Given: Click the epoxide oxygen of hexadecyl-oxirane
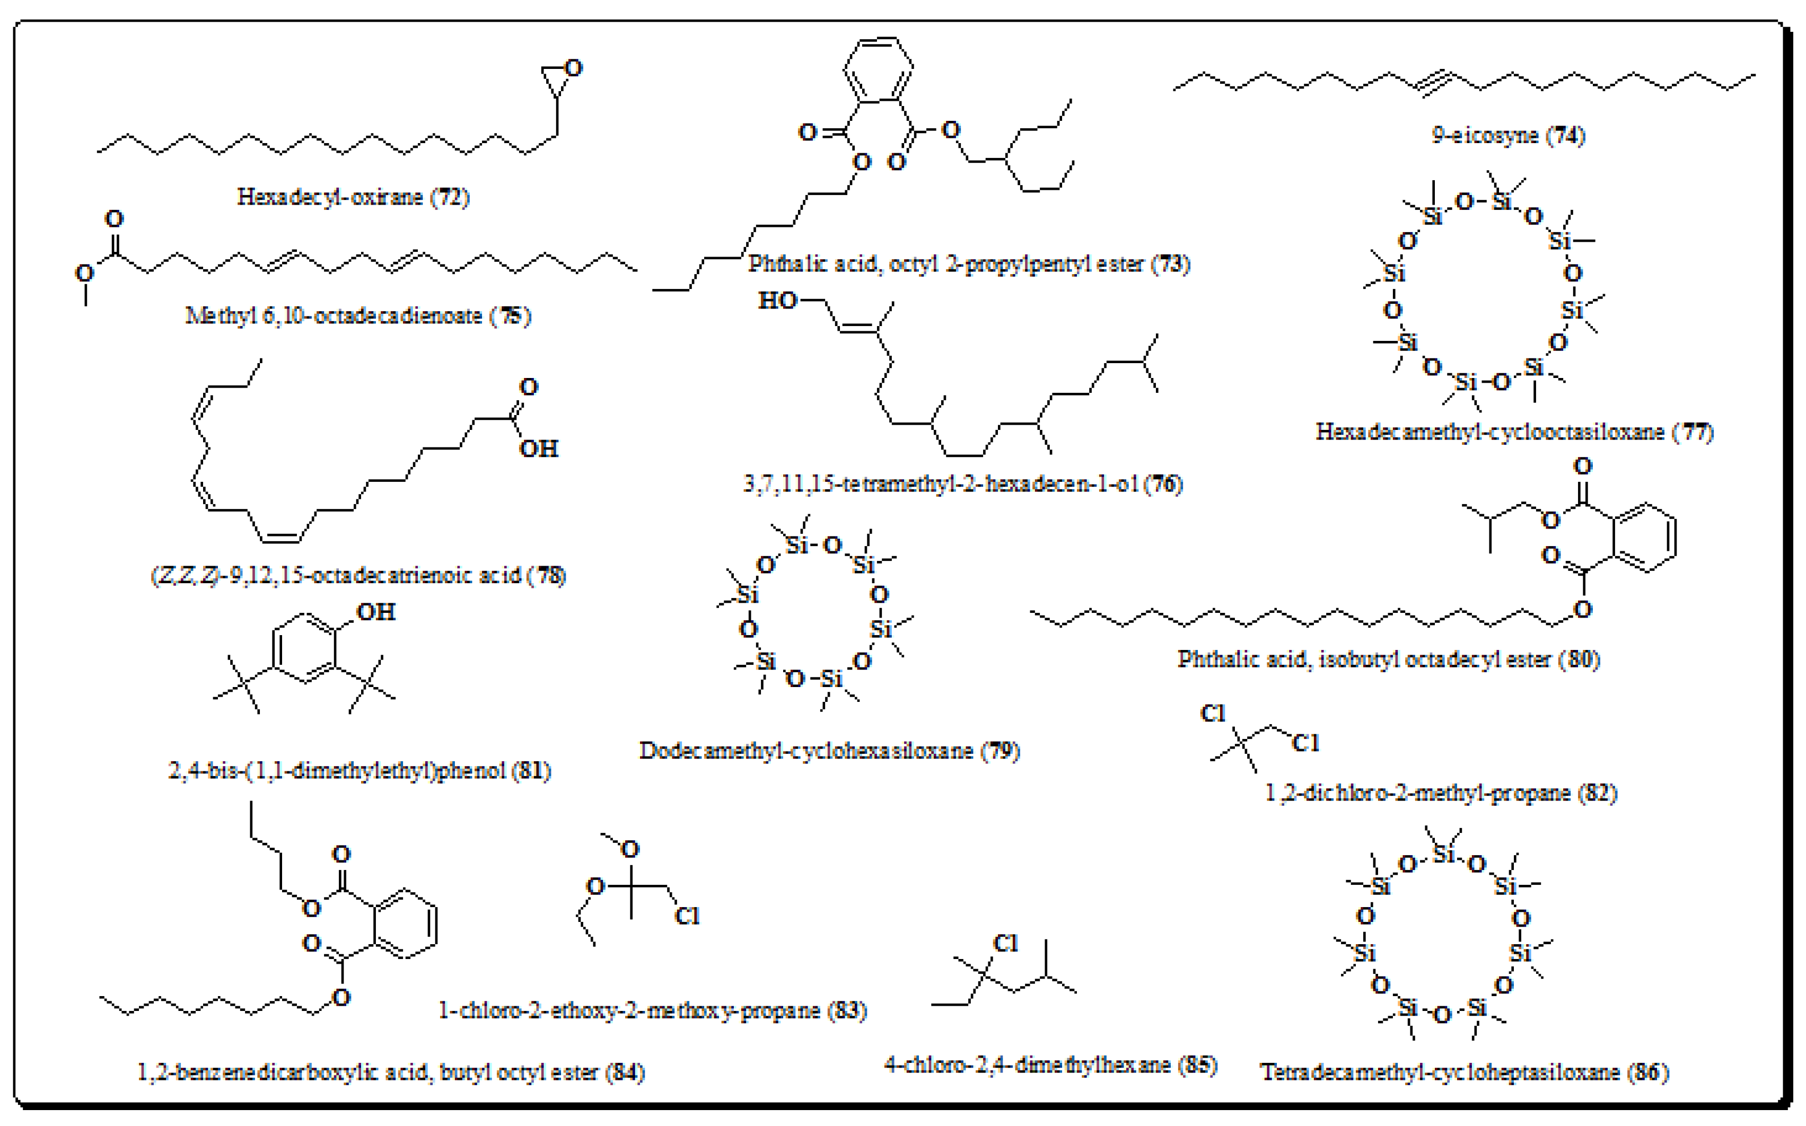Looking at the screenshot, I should [x=573, y=68].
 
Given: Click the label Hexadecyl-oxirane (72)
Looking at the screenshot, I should [x=353, y=197].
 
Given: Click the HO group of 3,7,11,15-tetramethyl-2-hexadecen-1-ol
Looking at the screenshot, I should [x=777, y=301].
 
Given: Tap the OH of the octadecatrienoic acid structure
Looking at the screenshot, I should [x=538, y=449].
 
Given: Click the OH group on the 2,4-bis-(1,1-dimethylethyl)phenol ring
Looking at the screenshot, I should [x=375, y=612].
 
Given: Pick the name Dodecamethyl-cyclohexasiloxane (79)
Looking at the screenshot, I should [x=829, y=751].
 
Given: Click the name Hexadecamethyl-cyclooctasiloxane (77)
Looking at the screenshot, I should [x=1514, y=432].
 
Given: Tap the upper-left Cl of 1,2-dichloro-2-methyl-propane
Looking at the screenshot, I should [x=1213, y=714].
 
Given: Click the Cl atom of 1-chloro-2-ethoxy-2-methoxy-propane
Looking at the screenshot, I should [x=687, y=916].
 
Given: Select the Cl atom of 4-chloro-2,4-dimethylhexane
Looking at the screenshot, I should [x=1005, y=944].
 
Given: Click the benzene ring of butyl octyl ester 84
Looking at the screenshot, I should [x=405, y=924].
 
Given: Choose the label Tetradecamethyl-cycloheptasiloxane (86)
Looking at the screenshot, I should [x=1464, y=1072].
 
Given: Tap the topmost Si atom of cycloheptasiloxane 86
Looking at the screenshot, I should [x=1443, y=854].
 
